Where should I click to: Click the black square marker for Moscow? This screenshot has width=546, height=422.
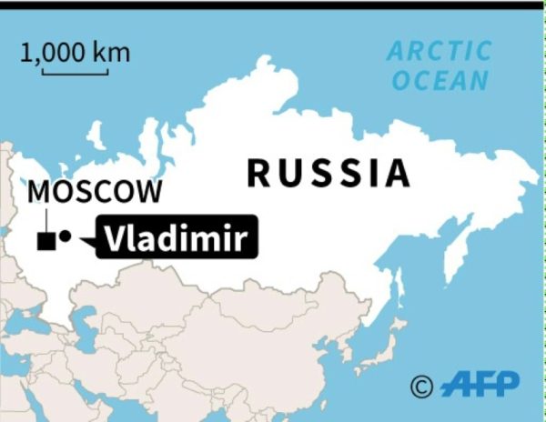(44, 241)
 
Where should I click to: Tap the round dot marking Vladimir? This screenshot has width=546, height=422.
(65, 237)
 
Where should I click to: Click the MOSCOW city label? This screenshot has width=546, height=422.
(96, 192)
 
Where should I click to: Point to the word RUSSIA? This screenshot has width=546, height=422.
(328, 173)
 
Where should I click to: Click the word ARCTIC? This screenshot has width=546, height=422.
(439, 51)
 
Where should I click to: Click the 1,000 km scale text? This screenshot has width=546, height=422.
(76, 52)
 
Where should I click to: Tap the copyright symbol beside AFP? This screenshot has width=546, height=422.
(421, 387)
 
